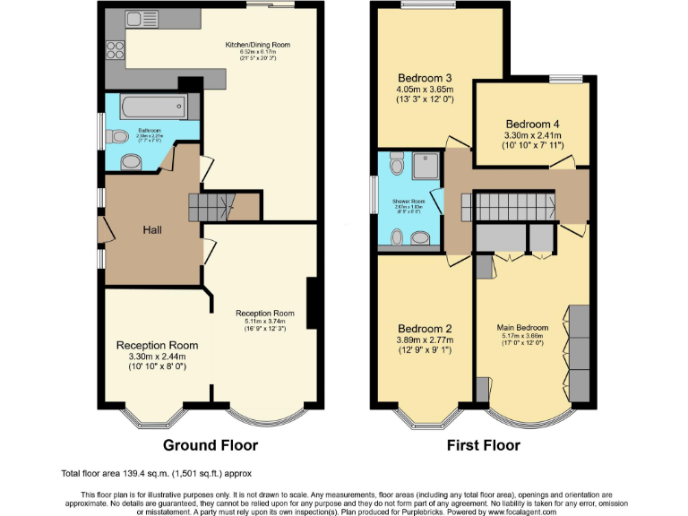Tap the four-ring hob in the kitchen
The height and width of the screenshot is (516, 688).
[x=114, y=49]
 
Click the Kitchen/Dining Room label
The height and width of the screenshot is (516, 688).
[x=257, y=44]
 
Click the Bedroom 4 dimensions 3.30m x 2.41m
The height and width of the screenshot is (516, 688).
[x=533, y=137]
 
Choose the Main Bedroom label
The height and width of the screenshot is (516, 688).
[x=522, y=327]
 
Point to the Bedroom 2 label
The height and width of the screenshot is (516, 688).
[x=425, y=328]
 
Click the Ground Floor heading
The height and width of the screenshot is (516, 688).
[x=210, y=445]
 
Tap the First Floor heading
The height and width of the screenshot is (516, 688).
[x=484, y=445]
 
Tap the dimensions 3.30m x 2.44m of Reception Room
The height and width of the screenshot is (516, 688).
[x=158, y=357]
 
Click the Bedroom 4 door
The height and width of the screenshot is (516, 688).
[x=563, y=162]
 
